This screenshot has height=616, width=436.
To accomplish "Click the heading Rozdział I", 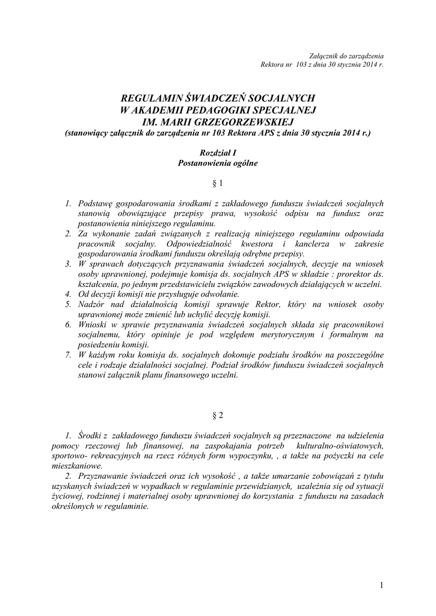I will (218, 154).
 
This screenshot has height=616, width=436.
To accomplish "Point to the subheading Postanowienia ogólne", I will (218, 164).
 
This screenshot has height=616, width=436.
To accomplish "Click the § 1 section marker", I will (218, 183).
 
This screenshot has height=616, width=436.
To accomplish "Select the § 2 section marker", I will (218, 415).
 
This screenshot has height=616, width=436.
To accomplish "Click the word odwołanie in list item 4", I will (219, 294).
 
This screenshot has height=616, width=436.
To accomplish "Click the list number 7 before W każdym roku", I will (68, 355).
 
